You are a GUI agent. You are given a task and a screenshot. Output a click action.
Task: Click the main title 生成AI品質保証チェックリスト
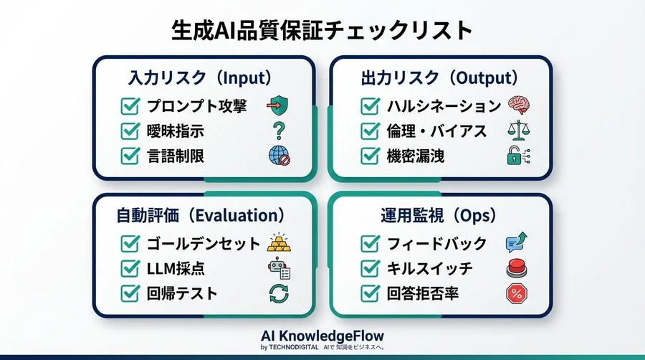[x=322, y=31]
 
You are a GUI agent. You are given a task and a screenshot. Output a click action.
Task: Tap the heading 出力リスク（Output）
[x=439, y=77]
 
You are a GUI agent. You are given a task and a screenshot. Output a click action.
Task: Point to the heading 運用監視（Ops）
[x=439, y=215]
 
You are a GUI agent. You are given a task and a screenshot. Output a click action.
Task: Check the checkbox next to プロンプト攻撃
[x=130, y=106]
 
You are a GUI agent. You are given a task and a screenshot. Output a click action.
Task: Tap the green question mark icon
[x=278, y=131]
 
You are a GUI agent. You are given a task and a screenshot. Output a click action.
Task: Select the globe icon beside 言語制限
[x=278, y=155]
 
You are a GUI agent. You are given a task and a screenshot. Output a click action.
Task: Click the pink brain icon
[x=518, y=105]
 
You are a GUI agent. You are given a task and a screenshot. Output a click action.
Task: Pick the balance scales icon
[x=517, y=131]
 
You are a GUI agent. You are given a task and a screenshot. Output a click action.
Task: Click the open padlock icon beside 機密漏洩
[x=517, y=155]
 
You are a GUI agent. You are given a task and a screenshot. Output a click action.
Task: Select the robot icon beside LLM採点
[x=278, y=268]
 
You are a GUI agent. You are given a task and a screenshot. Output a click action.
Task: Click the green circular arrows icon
[x=278, y=293]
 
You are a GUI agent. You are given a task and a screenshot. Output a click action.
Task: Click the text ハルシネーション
[x=444, y=106]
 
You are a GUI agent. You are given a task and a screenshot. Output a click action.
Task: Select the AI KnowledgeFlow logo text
[x=322, y=336]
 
